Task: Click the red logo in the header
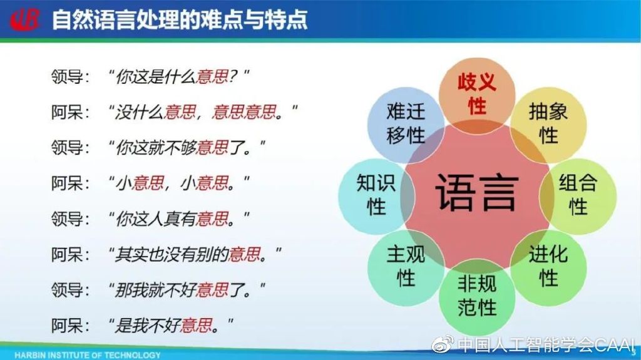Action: pyautogui.click(x=25, y=19)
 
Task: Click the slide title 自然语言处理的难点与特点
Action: pyautogui.click(x=180, y=19)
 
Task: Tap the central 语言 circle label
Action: pyautogui.click(x=476, y=192)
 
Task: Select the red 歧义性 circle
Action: pyautogui.click(x=477, y=95)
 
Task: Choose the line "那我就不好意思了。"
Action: pyautogui.click(x=187, y=290)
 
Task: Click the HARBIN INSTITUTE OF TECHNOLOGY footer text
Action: pyautogui.click(x=88, y=355)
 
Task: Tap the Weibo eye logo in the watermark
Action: pyautogui.click(x=443, y=344)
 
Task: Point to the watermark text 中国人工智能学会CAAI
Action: pyautogui.click(x=546, y=345)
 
